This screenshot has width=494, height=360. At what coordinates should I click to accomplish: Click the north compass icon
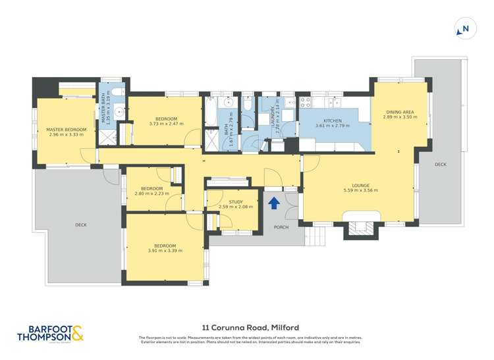pos(464,28)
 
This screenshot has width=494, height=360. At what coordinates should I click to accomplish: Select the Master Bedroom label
pos(66,129)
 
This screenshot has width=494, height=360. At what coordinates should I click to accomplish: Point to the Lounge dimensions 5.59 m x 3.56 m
pos(360,191)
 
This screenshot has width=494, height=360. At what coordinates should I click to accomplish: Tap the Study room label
pos(236,202)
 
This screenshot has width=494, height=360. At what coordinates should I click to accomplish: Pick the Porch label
pos(281,227)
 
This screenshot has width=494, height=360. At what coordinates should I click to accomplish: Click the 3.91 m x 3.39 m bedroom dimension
pos(165,250)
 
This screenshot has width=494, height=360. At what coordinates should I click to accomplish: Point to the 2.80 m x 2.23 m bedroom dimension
pos(152,193)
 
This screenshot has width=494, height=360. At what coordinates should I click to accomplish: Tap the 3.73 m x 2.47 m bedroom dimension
pos(163,124)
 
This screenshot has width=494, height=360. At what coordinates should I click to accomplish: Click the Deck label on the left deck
pos(81,225)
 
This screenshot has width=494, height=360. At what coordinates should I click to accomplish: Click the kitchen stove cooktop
pos(306,102)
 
